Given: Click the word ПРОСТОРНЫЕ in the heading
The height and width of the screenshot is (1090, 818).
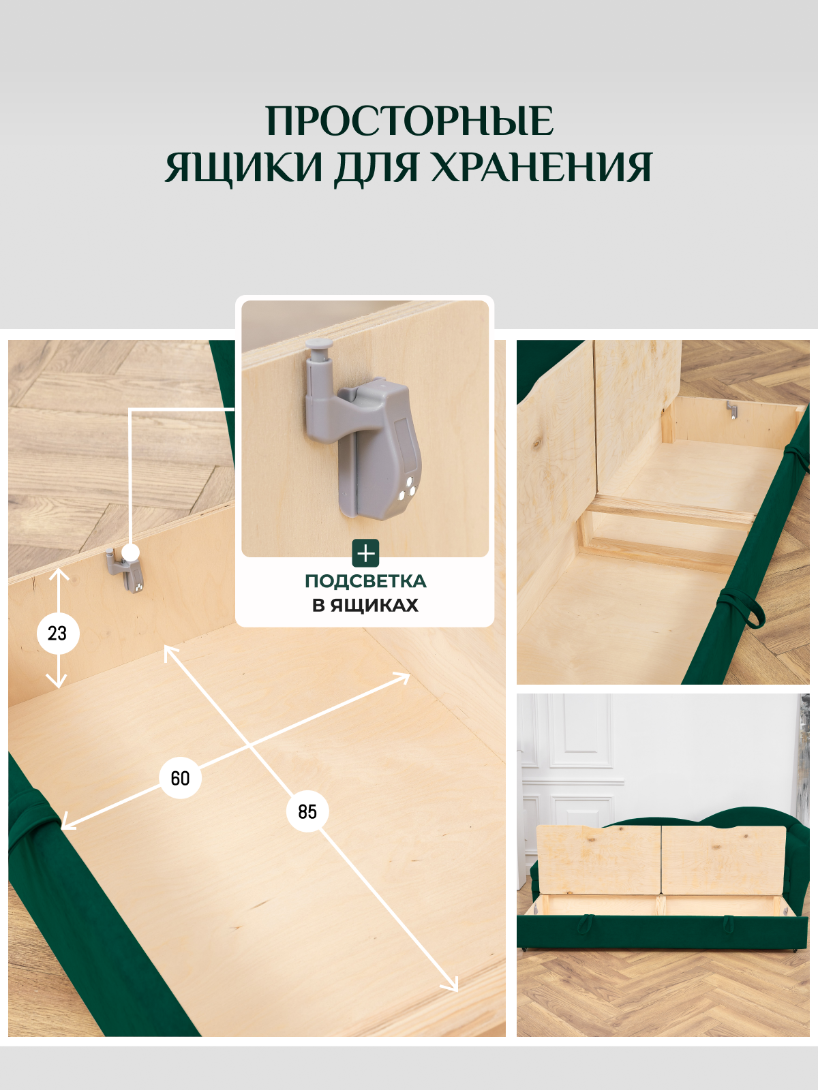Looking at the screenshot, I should [409, 121].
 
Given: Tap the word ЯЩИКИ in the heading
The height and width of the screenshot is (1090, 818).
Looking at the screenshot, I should [243, 168].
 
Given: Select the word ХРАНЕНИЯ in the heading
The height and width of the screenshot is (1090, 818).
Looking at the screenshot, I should [541, 168].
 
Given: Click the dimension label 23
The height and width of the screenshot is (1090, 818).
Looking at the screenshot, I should [58, 633].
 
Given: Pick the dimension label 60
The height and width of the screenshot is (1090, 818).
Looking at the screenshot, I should [180, 778].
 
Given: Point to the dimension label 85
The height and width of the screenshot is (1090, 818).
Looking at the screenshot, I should [307, 811].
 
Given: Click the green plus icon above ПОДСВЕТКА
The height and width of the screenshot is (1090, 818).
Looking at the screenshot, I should [365, 553].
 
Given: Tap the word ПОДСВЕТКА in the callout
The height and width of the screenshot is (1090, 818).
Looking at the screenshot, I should [365, 581].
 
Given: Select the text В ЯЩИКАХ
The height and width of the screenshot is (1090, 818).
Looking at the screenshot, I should [365, 605].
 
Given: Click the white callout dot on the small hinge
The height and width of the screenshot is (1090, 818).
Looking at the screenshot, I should [130, 552].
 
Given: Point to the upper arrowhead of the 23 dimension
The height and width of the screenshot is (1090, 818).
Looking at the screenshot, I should [59, 574].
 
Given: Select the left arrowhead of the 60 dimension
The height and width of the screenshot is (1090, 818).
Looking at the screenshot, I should [67, 824].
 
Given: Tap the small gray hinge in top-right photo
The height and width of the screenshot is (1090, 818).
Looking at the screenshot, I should [731, 409].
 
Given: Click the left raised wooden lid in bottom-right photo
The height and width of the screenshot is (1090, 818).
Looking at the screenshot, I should [598, 860].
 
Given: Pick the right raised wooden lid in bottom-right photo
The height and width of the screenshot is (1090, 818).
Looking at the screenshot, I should [723, 860].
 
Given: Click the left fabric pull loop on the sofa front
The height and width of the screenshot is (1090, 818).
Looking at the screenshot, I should [585, 923].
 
